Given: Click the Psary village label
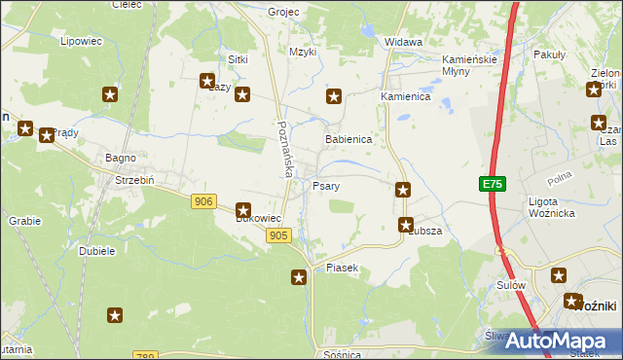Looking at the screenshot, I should click(325, 185).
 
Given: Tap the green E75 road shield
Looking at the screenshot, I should click(494, 183).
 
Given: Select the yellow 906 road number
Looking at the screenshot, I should click(202, 201).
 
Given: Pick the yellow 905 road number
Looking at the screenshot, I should click(279, 235).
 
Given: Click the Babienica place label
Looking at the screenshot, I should click(348, 139).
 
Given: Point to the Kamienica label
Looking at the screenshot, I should click(405, 98).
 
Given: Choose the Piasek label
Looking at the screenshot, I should click(342, 267).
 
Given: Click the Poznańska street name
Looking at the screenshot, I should click(285, 149).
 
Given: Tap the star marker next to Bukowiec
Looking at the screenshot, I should click(243, 209).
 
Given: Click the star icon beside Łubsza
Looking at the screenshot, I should click(406, 225).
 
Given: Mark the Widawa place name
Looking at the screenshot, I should click(403, 42).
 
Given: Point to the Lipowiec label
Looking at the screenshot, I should click(81, 42).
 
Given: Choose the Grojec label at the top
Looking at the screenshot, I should click(282, 13).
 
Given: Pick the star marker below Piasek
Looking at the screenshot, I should click(299, 278).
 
